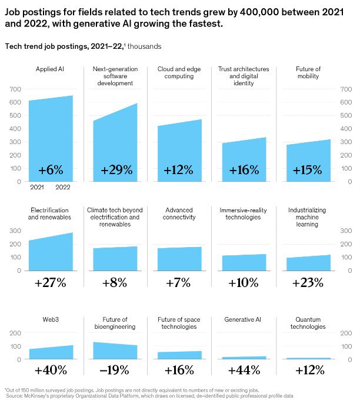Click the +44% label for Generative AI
point(243,371)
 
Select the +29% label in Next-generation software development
point(116,170)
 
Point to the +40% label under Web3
point(51,371)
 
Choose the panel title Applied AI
point(51,69)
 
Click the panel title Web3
point(51,319)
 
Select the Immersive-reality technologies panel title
point(243,213)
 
